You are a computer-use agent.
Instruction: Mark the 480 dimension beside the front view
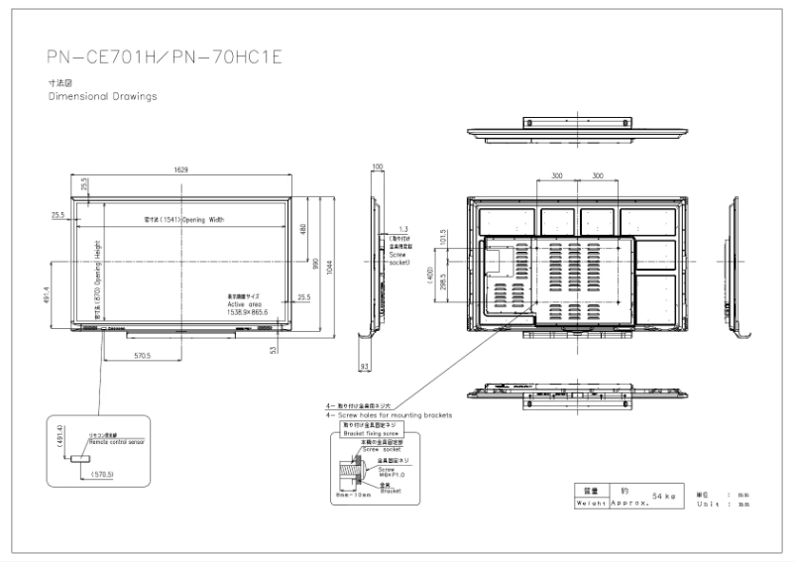[x=303, y=229]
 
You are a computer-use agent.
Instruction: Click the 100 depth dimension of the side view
[x=377, y=168]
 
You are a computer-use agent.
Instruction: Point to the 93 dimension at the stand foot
[x=364, y=367]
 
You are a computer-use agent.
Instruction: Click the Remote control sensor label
[x=115, y=441]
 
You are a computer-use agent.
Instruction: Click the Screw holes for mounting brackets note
[x=388, y=414]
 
